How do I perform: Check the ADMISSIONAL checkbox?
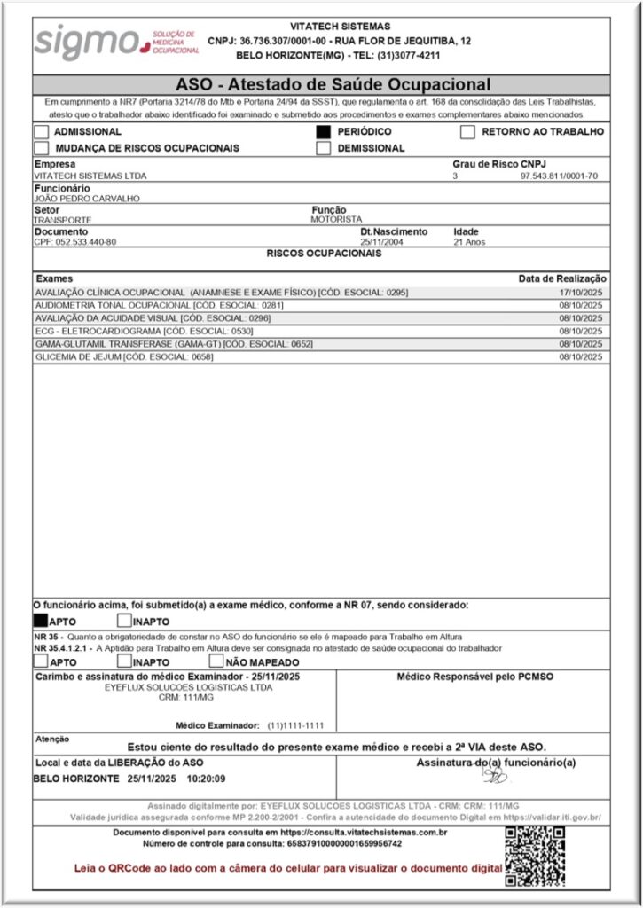coord(42,132)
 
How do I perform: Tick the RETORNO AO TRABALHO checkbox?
coord(467,132)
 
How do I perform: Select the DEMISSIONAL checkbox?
coord(324,148)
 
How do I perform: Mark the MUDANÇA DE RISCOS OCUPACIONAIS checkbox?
coord(42,148)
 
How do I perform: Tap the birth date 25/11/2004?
coord(381,242)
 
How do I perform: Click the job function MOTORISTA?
coord(336,219)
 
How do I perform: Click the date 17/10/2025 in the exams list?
coord(580,292)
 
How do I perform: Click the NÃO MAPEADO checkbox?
coord(216,661)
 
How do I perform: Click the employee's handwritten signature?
coord(494,777)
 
